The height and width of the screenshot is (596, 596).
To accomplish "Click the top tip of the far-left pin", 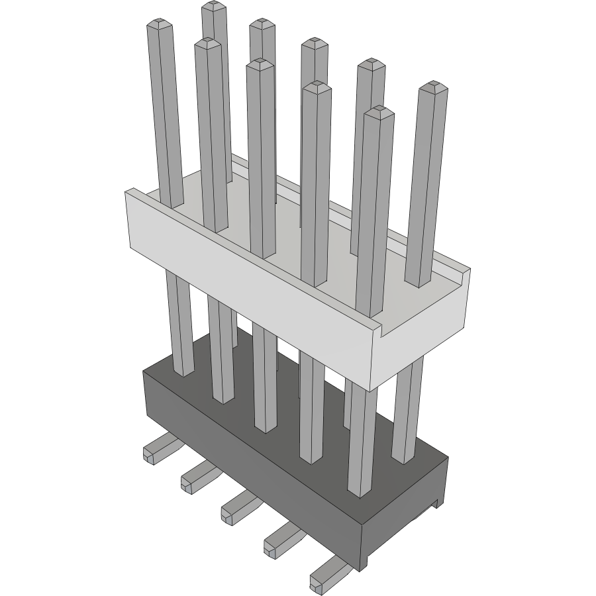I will (160, 25).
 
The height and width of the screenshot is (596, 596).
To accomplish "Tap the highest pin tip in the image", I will (212, 7).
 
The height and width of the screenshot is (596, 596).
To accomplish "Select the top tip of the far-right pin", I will (433, 87).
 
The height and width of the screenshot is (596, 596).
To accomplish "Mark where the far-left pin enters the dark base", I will (183, 371).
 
